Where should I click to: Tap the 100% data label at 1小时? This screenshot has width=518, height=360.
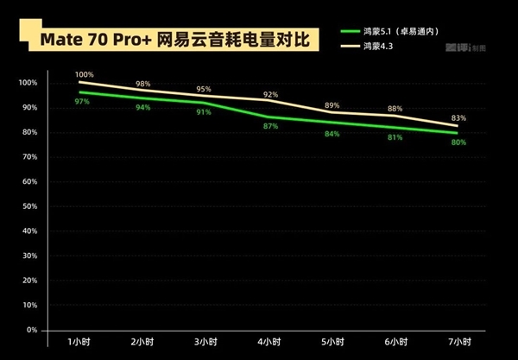point(84,74)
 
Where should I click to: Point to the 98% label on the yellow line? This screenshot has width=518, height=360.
point(143,84)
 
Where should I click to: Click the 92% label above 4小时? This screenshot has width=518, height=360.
point(270,94)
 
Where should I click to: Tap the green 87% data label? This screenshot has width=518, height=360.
point(270,126)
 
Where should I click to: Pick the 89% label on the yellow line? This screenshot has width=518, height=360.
point(332,105)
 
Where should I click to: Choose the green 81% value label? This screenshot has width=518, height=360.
point(395,137)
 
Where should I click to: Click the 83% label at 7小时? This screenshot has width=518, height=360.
point(458,118)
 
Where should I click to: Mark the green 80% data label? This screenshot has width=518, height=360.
point(458,142)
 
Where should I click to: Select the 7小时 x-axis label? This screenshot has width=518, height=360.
point(458,341)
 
